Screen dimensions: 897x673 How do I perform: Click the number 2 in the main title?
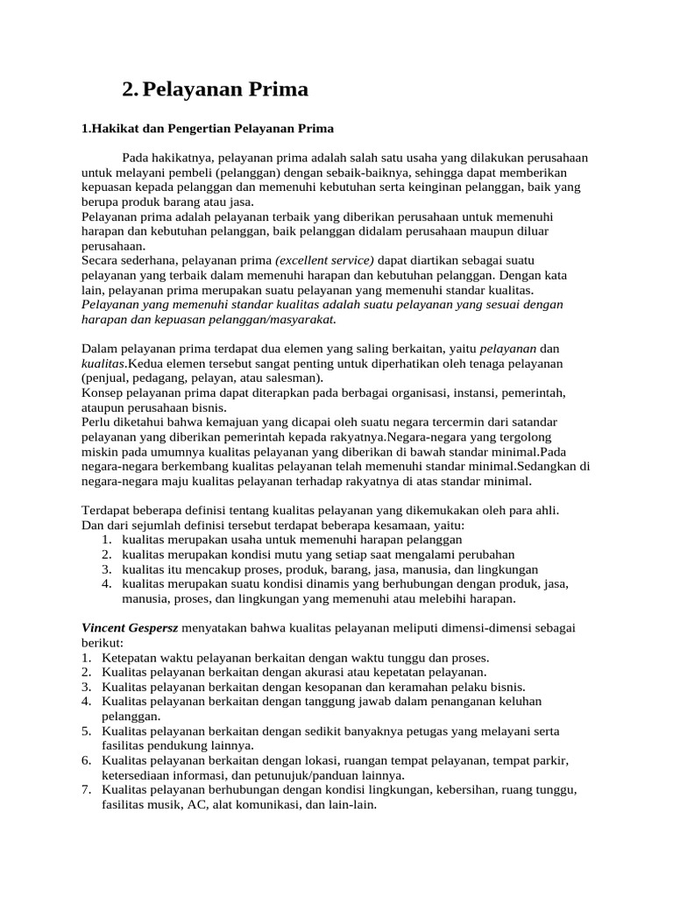(130, 89)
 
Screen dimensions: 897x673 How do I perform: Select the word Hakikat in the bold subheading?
(111, 129)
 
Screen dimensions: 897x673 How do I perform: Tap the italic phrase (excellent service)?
(324, 260)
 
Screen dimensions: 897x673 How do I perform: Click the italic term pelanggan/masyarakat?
(267, 319)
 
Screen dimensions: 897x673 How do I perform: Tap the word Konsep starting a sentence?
(103, 392)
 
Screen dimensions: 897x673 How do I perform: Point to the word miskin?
(98, 451)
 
